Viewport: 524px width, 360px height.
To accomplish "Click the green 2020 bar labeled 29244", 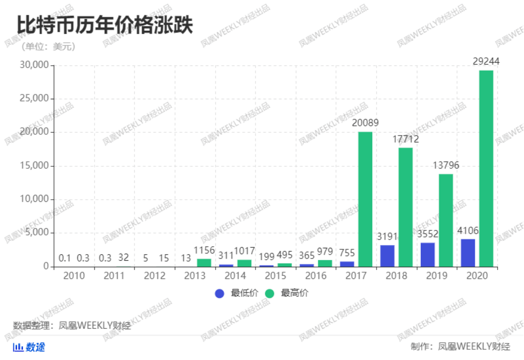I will click(486, 168).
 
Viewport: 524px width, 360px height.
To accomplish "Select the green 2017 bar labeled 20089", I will click(366, 199).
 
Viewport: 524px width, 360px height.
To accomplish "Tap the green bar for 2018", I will click(406, 207).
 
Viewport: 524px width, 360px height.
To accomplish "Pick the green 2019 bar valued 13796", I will click(446, 220).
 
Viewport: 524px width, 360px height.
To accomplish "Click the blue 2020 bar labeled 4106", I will click(468, 253).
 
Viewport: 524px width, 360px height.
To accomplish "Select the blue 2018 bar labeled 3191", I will click(387, 256).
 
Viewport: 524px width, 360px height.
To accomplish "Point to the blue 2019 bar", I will click(427, 255).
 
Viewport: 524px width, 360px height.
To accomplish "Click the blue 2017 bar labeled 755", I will click(347, 264).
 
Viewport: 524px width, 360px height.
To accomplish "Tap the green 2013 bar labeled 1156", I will click(204, 263).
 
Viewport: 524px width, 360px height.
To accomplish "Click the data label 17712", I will click(405, 139).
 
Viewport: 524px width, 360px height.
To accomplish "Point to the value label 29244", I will click(486, 62).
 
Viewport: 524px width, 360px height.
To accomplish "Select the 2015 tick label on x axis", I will click(275, 276).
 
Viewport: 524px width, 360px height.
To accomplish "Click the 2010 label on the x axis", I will click(73, 276).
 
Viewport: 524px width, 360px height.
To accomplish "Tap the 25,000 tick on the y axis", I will click(33, 99).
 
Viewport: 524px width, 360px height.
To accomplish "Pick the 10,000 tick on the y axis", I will click(33, 200).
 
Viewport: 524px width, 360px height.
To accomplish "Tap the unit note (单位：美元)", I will click(48, 47).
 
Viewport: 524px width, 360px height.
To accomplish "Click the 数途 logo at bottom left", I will click(29, 347).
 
